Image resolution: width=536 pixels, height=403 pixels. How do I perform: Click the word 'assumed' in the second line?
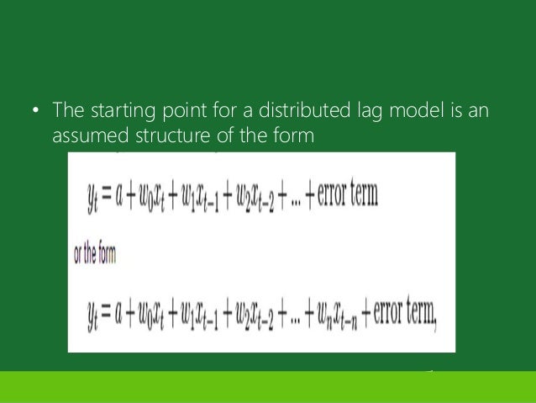tap(87, 134)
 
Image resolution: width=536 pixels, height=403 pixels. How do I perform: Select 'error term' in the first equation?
tap(345, 195)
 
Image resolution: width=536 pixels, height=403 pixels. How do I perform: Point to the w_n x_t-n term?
tap(344, 316)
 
